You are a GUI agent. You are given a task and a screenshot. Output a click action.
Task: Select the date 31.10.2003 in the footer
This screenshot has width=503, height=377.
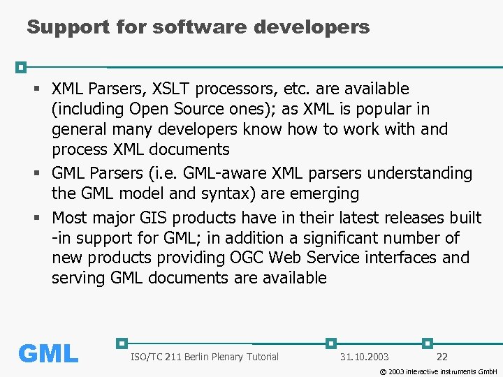(x=364, y=357)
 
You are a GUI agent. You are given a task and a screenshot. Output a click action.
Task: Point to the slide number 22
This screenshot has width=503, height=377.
(x=442, y=357)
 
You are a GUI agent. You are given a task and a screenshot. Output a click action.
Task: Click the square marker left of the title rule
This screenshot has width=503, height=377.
(x=21, y=67)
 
